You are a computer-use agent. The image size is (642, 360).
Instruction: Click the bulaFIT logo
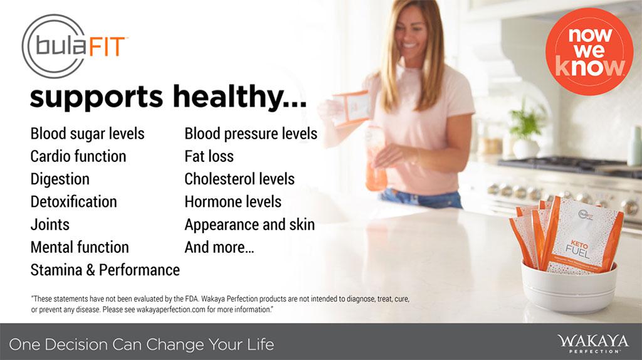tap(74, 46)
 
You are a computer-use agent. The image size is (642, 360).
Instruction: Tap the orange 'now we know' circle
tap(589, 51)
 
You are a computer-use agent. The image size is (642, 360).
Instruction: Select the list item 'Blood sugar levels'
tap(87, 134)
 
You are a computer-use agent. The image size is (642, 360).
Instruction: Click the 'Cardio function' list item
tap(78, 156)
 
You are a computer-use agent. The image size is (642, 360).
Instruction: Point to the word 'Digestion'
tap(60, 179)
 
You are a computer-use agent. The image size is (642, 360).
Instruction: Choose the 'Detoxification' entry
tap(74, 201)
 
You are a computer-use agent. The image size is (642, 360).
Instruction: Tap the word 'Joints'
tap(50, 225)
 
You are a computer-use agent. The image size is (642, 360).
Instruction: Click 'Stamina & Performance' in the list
tap(105, 270)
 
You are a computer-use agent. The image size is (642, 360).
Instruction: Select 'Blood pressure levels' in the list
tap(251, 134)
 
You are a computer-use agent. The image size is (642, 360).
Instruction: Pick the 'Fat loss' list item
tap(209, 156)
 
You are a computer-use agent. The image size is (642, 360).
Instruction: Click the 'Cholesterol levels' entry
tap(239, 179)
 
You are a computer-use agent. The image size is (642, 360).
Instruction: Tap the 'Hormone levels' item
tap(233, 201)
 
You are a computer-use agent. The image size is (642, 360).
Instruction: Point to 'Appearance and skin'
tap(250, 225)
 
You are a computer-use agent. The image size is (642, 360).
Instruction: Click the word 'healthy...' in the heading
tap(239, 97)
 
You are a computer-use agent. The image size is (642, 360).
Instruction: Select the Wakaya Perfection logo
tap(592, 343)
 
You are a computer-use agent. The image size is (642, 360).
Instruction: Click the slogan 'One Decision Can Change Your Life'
tap(142, 344)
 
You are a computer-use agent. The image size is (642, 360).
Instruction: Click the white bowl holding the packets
tap(569, 287)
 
